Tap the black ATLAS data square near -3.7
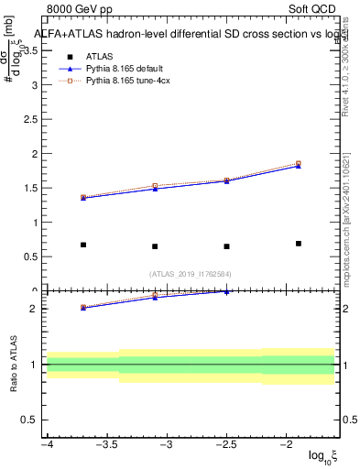click(x=83, y=245)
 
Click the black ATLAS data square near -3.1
click(x=155, y=246)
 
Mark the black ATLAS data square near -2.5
click(x=226, y=246)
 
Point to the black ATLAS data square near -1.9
click(x=299, y=244)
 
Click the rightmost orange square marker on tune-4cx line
click(x=299, y=163)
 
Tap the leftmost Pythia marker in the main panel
click(x=83, y=198)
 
